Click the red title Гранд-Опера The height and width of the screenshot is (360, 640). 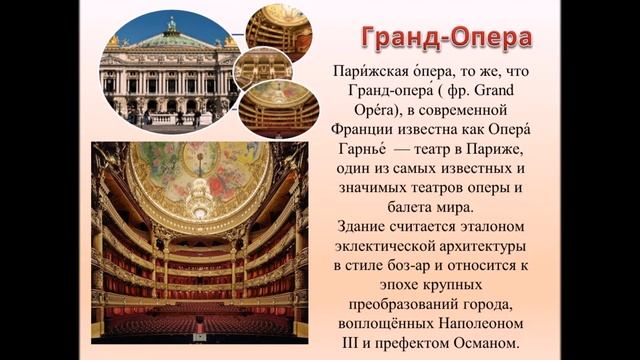tap(445, 40)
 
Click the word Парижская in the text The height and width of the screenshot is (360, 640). tap(367, 75)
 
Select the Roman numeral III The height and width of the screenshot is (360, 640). tap(344, 344)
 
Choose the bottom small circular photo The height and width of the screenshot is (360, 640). tap(280, 109)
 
